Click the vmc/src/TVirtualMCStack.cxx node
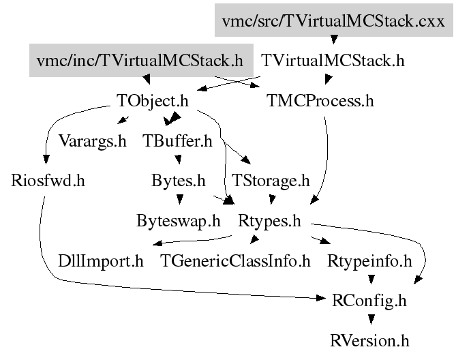click(333, 20)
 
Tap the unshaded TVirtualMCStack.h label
click(333, 61)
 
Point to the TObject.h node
click(153, 102)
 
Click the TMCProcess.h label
click(320, 102)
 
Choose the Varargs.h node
click(93, 141)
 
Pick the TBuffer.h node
click(178, 141)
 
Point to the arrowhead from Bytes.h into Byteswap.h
click(179, 200)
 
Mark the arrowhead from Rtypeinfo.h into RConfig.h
click(370, 279)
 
